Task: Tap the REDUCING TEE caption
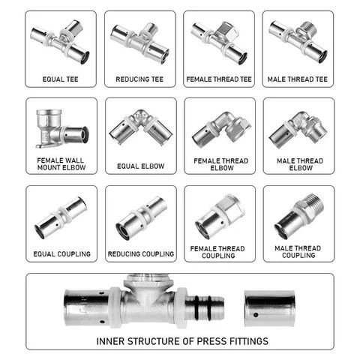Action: pos(140,79)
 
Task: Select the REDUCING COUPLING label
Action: pos(140,254)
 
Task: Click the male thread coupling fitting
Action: pos(298,216)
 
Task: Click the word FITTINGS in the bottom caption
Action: pos(246,341)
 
